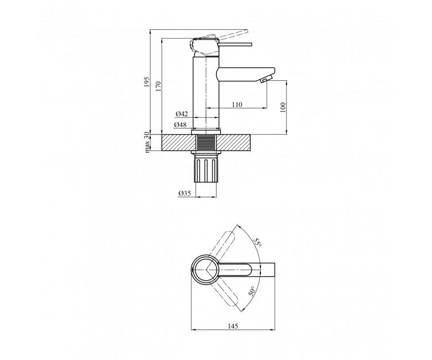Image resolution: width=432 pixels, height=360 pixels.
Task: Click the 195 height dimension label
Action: pos(147,82)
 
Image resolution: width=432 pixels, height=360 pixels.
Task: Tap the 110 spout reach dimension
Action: pos(237,105)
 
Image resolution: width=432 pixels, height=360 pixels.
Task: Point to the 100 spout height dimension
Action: pos(283,107)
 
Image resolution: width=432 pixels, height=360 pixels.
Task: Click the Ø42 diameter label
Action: pos(182,114)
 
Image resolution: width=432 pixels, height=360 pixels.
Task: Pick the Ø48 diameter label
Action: pos(180,125)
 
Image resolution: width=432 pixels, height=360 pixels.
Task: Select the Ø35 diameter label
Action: pos(184,193)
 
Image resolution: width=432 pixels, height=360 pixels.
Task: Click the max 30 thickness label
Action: pos(147,142)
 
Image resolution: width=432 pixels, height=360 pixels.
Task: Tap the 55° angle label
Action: pos(258,243)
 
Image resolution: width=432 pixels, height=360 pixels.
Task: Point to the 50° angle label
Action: pos(252,291)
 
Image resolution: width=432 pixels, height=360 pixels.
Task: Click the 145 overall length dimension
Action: pos(233,326)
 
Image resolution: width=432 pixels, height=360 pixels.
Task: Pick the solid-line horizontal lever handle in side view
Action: pos(235,44)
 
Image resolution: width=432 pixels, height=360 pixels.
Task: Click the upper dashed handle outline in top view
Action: pos(221,246)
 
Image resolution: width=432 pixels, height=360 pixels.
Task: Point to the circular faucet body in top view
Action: pos(205,269)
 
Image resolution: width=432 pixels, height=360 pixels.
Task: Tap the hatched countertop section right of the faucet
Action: pos(235,143)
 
